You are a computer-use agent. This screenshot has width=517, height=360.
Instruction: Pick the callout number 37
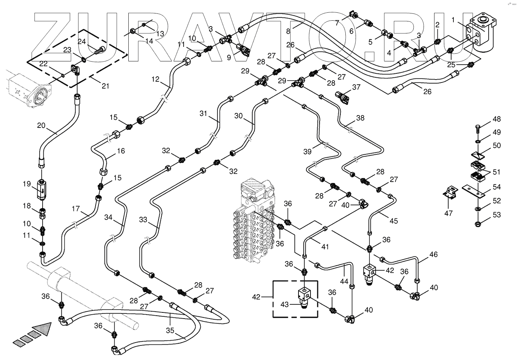[x=356, y=87]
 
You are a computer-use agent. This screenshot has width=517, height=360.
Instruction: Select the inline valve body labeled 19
[x=42, y=190]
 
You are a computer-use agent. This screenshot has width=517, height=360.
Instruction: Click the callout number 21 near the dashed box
[x=105, y=86]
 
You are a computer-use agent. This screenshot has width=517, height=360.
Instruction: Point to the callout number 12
[x=156, y=79]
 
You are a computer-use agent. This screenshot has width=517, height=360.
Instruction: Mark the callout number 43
[x=285, y=304]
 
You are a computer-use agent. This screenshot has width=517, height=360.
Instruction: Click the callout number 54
[x=497, y=187]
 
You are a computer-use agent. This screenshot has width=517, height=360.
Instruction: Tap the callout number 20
[x=41, y=125]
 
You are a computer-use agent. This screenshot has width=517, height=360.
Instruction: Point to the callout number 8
[x=288, y=31]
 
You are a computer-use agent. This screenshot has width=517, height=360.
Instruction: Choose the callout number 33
[x=143, y=219]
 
